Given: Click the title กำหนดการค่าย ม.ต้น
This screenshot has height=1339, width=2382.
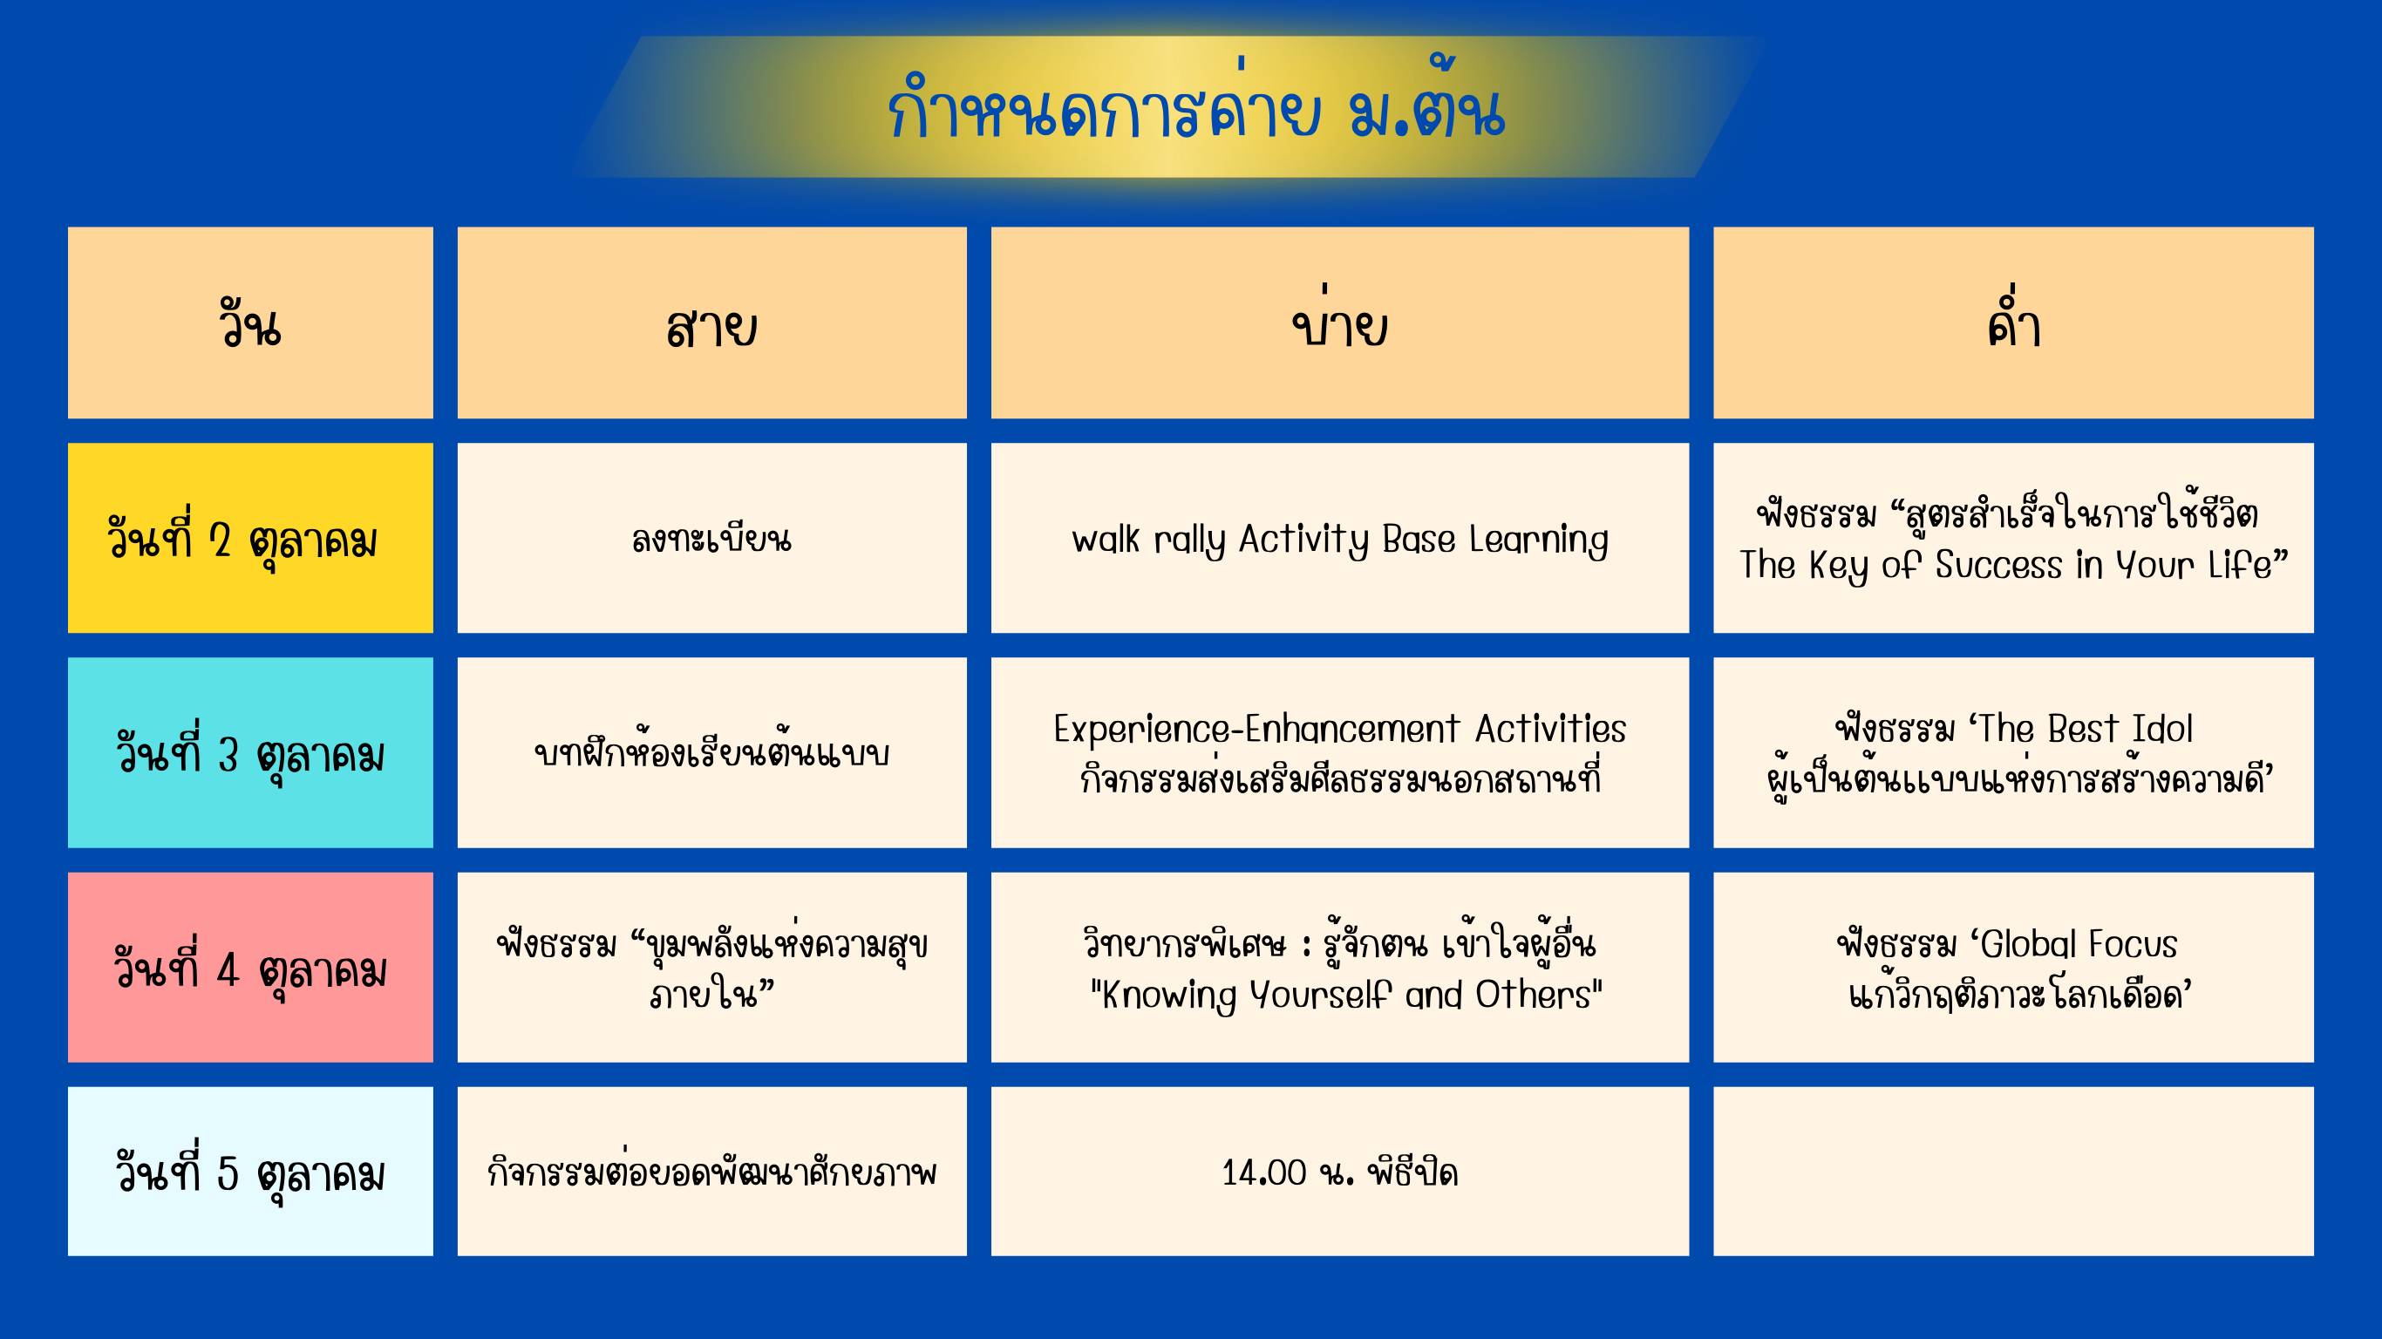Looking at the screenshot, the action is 1195,106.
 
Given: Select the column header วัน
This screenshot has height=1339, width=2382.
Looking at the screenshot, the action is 250,323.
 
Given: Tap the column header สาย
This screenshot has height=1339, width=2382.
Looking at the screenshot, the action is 712,323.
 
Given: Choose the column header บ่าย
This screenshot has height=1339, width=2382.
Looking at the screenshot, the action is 1340,323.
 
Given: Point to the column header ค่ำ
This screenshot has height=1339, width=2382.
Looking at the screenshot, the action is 2013,323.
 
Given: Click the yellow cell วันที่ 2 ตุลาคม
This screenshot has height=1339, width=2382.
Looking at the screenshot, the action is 250,538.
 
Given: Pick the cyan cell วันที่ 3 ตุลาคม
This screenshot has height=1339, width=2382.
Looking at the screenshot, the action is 250,752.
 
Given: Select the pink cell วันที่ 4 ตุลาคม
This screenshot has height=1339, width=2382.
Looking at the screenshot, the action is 250,968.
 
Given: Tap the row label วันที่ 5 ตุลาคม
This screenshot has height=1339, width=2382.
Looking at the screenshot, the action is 250,1172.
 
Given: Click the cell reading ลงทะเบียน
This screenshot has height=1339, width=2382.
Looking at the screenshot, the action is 712,538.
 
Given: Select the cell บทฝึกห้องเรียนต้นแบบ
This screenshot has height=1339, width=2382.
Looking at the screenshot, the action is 712,752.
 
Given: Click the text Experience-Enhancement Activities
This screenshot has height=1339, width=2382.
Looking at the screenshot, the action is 1340,730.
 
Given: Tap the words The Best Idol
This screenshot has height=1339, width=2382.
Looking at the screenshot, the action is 2086,730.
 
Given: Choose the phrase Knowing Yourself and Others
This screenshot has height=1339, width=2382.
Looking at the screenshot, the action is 1346,996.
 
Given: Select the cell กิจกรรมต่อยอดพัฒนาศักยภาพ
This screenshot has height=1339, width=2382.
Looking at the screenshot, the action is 712,1172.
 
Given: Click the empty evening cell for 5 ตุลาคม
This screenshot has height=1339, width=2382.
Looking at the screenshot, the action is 2013,1172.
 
